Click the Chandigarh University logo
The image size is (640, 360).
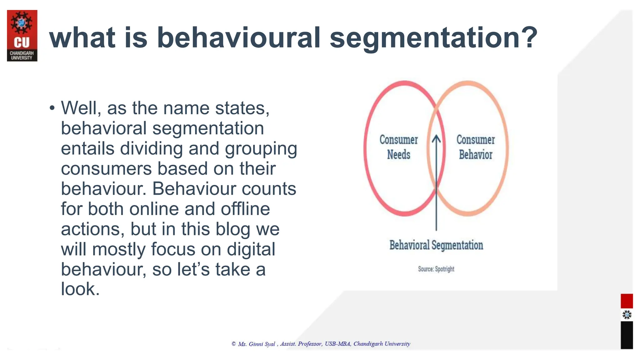click(x=22, y=36)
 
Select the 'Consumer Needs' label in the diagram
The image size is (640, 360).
click(x=398, y=147)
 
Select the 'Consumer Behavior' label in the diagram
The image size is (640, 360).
click(x=475, y=147)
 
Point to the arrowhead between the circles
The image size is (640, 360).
click(x=436, y=139)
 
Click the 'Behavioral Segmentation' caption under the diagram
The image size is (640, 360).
click(x=436, y=245)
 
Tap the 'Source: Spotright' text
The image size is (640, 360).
click(x=436, y=269)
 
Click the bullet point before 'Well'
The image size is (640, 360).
click(x=52, y=108)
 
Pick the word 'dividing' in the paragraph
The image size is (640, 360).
click(x=151, y=148)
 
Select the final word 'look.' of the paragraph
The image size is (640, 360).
click(x=80, y=289)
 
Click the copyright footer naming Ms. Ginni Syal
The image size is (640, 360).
click(x=321, y=344)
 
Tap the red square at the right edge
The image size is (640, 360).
click(x=627, y=301)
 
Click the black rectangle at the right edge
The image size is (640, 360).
click(x=627, y=335)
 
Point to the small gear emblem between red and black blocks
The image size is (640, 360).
click(x=627, y=315)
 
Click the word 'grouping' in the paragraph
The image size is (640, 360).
click(x=261, y=148)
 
